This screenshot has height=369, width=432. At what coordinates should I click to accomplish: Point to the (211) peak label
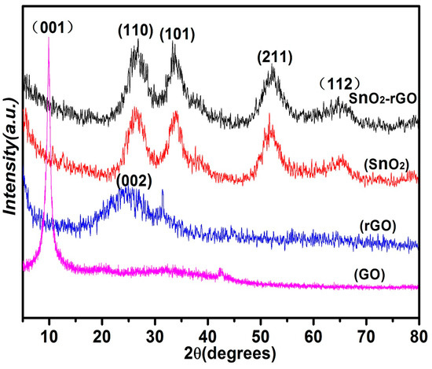274,57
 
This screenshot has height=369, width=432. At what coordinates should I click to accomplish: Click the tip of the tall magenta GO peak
49,39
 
